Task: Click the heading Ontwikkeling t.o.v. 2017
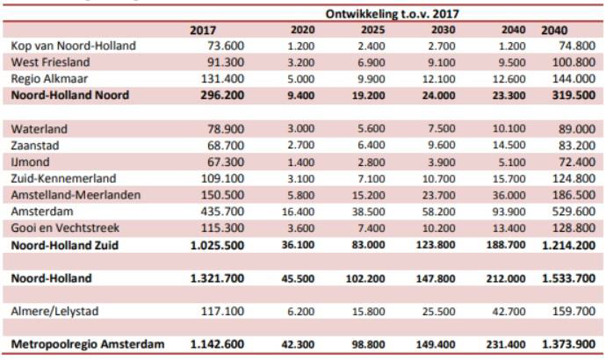tap(393, 13)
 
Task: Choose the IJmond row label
tap(31, 162)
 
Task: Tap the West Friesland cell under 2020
tap(304, 63)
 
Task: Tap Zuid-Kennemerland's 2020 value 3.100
tap(304, 178)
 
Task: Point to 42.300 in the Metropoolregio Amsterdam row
tap(301, 344)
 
